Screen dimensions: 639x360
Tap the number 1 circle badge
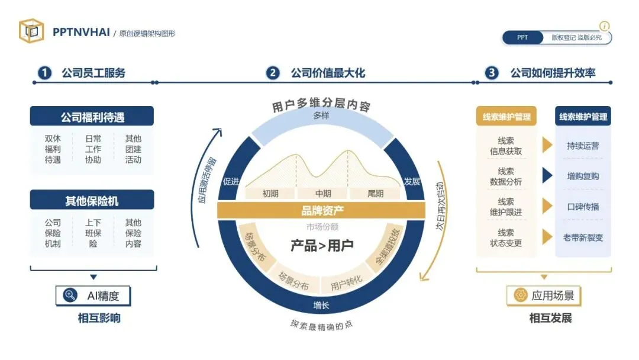44,73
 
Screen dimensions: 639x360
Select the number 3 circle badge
492,73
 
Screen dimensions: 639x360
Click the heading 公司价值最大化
327,73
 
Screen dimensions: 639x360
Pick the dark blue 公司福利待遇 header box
92,117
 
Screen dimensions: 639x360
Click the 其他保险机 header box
92,201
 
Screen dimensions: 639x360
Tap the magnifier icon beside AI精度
70,295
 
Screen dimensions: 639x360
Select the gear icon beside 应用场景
521,295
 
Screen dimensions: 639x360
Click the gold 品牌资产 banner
321,210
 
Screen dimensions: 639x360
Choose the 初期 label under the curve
270,193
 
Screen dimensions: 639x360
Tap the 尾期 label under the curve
375,193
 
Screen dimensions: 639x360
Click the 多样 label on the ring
321,115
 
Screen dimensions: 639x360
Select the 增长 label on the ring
321,306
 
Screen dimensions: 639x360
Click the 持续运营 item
583,145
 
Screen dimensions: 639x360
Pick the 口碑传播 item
583,207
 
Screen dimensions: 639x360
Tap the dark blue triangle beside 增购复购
547,175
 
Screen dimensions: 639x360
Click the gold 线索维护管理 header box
506,117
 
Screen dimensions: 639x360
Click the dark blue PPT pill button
522,37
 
